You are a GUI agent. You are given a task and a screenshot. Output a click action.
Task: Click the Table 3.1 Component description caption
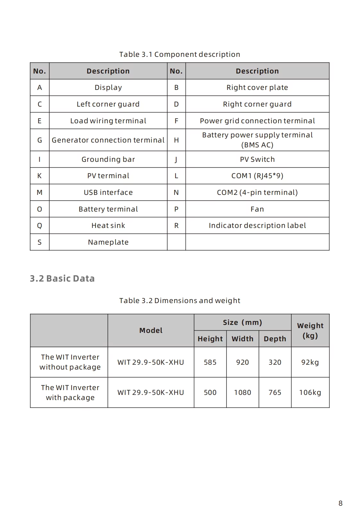point(180,54)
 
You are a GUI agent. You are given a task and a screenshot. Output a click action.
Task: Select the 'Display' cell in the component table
point(108,87)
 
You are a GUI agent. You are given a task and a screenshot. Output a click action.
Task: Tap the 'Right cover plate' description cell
point(257,87)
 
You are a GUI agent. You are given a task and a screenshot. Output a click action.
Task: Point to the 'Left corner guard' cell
point(108,104)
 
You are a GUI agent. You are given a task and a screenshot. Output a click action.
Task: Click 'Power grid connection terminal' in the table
point(257,121)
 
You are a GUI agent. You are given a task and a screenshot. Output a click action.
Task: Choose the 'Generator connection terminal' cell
point(108,140)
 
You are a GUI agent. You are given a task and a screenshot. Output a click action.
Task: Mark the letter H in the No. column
point(176,140)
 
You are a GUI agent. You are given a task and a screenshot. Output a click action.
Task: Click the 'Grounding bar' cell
point(108,159)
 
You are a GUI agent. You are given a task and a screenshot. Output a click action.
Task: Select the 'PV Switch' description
point(257,159)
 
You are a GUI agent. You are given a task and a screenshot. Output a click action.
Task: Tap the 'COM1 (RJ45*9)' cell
point(257,176)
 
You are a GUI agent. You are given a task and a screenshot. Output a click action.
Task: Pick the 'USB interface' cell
point(108,192)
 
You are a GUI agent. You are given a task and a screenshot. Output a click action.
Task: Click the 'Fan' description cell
point(257,209)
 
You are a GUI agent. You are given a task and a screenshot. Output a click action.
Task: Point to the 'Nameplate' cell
point(108,242)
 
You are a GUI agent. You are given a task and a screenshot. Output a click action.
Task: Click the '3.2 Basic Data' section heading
point(62,278)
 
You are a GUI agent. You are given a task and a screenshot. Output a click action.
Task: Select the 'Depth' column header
point(275,339)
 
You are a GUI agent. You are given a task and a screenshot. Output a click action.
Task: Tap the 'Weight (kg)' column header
point(310,330)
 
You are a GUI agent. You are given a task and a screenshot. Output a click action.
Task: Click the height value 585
point(210,362)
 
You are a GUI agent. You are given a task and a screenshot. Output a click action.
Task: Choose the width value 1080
point(242,392)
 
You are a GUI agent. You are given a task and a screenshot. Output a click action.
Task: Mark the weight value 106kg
point(310,392)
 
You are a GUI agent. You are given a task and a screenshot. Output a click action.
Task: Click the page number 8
point(340,503)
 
